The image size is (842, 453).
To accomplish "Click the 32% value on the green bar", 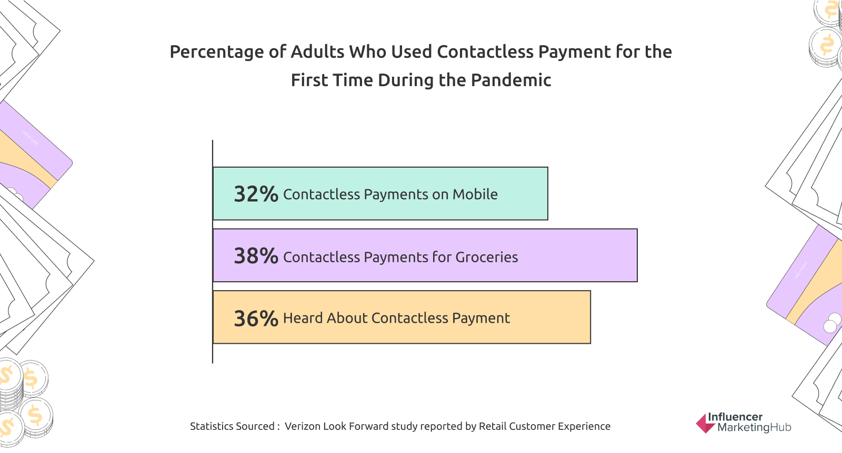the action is pyautogui.click(x=256, y=194).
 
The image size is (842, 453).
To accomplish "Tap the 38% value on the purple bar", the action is pyautogui.click(x=256, y=256).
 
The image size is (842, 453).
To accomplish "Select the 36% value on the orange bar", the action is pyautogui.click(x=256, y=318).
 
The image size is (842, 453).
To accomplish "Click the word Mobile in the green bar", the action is pyautogui.click(x=475, y=194).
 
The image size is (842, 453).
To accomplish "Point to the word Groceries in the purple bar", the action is pyautogui.click(x=487, y=257).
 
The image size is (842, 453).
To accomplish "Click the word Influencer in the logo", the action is pyautogui.click(x=735, y=417).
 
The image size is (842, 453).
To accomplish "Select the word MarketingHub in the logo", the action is pyautogui.click(x=755, y=427).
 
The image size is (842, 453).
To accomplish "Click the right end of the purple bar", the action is pyautogui.click(x=637, y=255).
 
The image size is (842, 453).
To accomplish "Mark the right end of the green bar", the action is pyautogui.click(x=548, y=193).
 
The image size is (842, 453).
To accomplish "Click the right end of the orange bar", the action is pyautogui.click(x=590, y=317).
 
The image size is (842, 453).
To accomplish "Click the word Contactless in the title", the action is pyautogui.click(x=485, y=52).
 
